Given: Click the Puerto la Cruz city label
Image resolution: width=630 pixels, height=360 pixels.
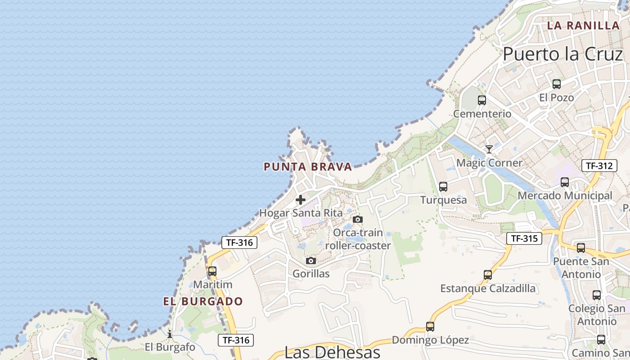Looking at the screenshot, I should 562,54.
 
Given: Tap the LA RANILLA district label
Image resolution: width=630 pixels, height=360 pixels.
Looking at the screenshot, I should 583,26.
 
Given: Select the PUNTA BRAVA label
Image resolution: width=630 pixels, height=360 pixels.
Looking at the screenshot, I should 308,167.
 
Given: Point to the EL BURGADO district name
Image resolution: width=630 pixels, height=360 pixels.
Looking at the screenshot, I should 203,301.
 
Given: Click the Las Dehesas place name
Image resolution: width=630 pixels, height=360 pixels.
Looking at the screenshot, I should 333,351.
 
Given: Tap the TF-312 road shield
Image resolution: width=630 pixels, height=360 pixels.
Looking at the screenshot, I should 599,166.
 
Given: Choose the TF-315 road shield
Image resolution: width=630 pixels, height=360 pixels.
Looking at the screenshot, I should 524,238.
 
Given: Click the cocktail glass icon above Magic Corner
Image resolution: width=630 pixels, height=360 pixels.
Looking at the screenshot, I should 489,149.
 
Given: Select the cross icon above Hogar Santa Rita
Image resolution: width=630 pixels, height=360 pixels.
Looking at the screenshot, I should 301,200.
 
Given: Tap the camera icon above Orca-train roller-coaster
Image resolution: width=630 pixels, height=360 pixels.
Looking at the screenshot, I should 358,220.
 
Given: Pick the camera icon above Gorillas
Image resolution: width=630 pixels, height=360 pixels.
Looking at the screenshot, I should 311,261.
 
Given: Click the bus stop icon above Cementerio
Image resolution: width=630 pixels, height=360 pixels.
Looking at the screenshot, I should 482,100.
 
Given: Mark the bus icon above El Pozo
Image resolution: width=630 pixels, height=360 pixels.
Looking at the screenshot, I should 557,84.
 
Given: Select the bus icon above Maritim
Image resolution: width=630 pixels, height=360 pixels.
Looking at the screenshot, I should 212,271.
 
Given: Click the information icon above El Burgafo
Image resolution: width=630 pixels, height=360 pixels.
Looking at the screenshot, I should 170,334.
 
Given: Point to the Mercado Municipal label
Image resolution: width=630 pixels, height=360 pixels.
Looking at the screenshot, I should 565,196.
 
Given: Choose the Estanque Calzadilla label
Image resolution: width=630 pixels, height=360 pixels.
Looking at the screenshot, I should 488,288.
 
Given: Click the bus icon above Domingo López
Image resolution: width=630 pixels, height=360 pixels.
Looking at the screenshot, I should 430,327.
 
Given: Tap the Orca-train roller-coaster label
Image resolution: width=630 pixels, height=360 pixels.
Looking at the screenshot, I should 358,239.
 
